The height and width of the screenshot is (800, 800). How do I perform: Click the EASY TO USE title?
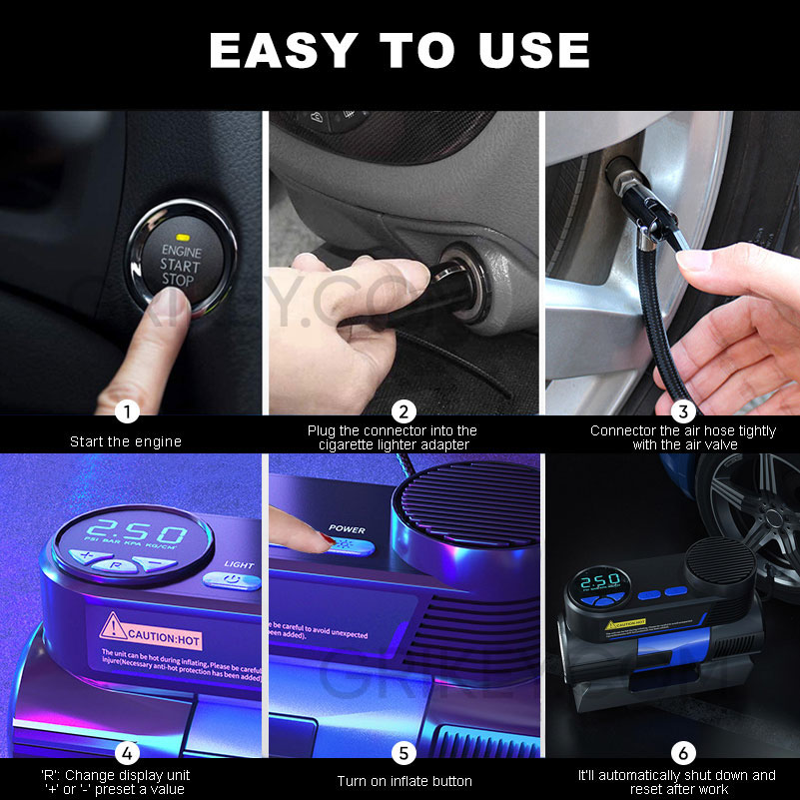coord(400,51)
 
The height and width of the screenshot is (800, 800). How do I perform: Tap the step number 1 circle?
coord(126,410)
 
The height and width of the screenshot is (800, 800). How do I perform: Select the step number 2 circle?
coord(403,410)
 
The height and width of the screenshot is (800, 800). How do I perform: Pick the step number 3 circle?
coord(683,410)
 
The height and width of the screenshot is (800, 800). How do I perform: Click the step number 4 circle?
coord(126,753)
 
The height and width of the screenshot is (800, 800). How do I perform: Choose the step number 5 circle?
coord(403,753)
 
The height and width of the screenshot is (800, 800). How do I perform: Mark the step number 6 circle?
coord(683,753)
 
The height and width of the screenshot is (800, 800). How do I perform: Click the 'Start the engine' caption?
coord(126,440)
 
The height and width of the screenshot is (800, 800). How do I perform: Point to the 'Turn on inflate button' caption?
coord(403,781)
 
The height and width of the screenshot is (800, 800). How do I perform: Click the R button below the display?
coord(118,564)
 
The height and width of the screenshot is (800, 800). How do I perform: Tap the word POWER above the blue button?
coord(347,529)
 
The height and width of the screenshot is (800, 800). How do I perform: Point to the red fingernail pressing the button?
coord(327,539)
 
